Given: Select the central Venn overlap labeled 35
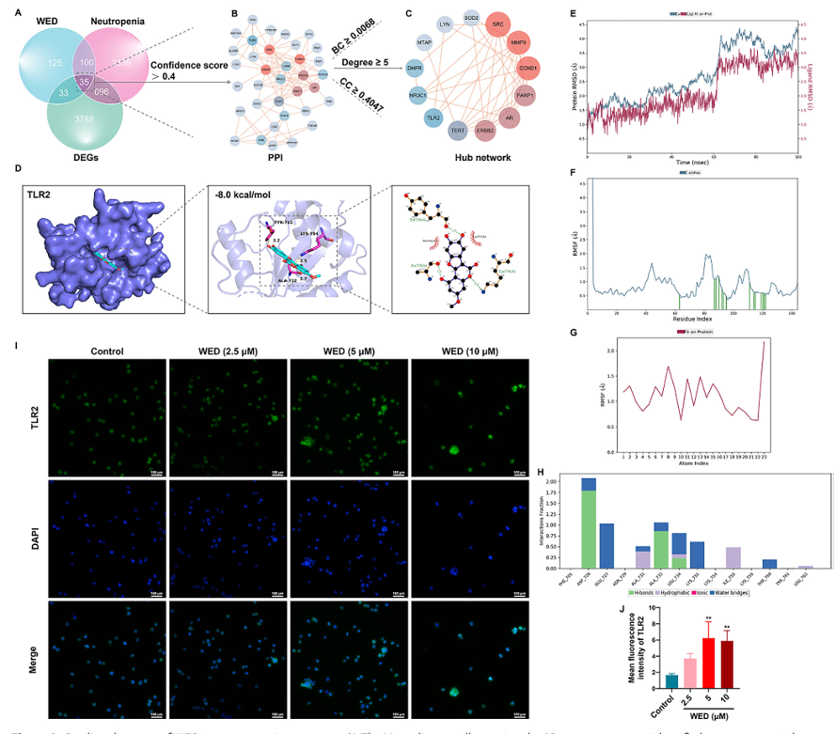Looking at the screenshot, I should [x=84, y=84].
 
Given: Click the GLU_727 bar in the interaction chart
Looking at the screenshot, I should [x=607, y=545].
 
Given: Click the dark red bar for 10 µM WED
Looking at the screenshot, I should [x=725, y=667].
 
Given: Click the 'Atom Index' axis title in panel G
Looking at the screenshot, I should [x=693, y=461].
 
